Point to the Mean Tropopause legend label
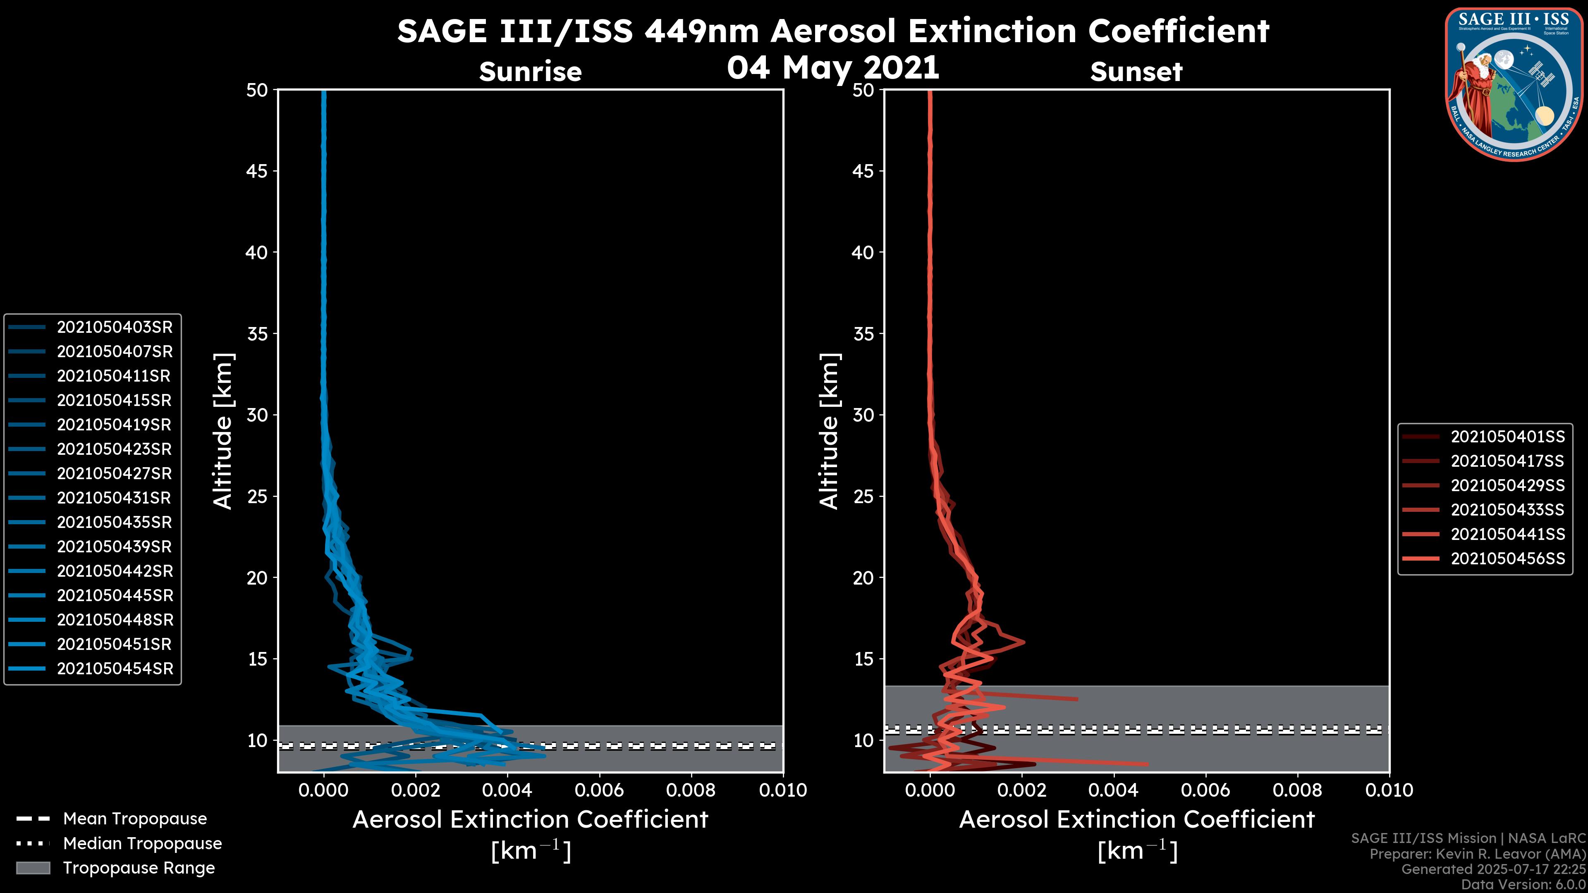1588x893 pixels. point(135,819)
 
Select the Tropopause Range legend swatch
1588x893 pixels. point(33,868)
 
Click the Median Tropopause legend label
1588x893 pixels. point(142,844)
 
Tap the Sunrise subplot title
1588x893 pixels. point(530,72)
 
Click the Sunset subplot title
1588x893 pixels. point(1136,72)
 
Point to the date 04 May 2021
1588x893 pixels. point(833,68)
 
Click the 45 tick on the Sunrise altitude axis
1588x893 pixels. point(256,171)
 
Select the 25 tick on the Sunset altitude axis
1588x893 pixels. point(863,497)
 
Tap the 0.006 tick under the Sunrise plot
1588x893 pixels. point(599,790)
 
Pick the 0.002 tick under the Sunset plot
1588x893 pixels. point(1022,790)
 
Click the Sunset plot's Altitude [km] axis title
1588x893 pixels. point(829,431)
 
